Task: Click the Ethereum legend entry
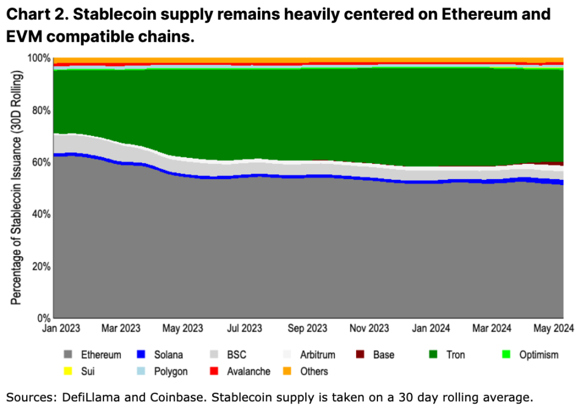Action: pos(91,355)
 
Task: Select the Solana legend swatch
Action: pos(141,355)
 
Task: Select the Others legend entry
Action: pos(307,371)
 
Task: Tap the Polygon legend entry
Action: pos(163,371)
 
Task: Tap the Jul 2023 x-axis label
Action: pos(244,328)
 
